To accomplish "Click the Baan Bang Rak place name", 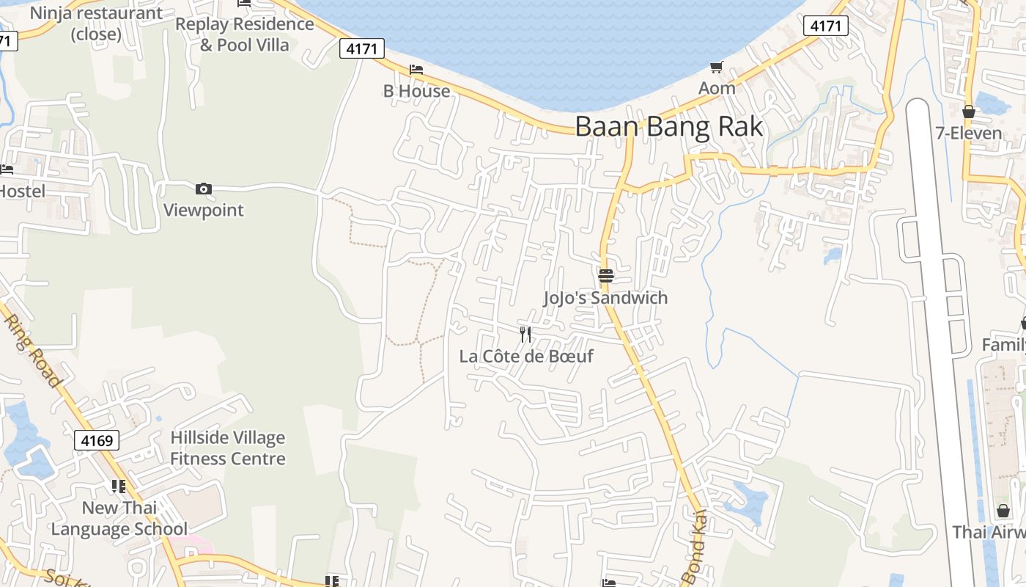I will tap(668, 126).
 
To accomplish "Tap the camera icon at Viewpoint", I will tap(204, 189).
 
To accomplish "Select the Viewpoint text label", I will tap(203, 210).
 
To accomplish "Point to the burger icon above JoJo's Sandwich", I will tap(606, 276).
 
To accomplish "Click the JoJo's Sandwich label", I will tap(605, 297).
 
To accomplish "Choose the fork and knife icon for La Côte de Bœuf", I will tap(525, 335).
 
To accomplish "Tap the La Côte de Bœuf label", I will tap(525, 357).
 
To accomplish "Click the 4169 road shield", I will tap(97, 440).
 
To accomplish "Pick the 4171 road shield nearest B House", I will tap(362, 49).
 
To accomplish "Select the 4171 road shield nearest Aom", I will tap(826, 26).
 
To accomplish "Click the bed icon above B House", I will tap(416, 70).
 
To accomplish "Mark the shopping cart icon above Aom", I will tap(716, 68).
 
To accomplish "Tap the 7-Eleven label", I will tap(968, 133).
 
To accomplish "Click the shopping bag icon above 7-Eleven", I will tap(969, 112).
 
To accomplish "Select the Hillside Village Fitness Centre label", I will tap(227, 448).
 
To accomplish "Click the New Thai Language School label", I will tap(119, 518).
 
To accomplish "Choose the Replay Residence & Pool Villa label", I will tap(244, 34).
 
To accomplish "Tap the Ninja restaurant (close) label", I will tap(96, 23).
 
